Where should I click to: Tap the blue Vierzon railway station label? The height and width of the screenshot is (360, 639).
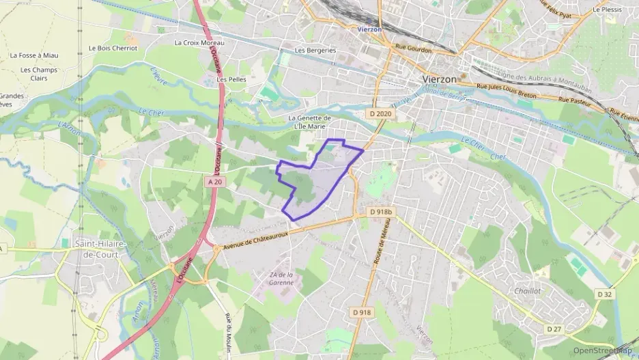(x=370, y=30)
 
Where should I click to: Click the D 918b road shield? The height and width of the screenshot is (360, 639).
(x=382, y=212)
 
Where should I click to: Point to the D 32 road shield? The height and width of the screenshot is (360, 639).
(x=604, y=294)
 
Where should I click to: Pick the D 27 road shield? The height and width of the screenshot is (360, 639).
(x=554, y=329)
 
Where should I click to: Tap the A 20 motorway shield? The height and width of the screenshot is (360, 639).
(x=214, y=181)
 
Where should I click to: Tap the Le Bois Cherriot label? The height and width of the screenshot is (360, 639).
(x=113, y=49)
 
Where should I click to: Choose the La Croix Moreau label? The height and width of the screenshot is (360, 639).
(x=199, y=42)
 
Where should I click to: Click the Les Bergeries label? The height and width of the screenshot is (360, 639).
(x=315, y=50)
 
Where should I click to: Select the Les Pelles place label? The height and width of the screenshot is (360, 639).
(x=231, y=79)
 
